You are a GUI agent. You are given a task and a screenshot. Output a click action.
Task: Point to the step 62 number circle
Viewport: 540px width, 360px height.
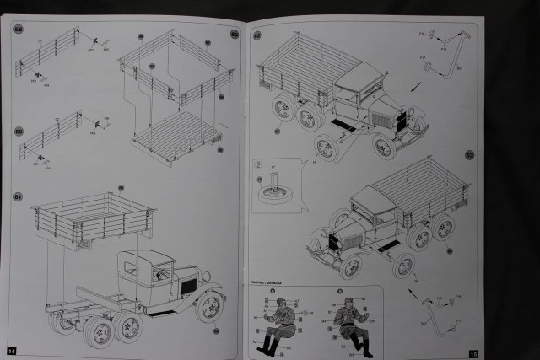pos(257,35)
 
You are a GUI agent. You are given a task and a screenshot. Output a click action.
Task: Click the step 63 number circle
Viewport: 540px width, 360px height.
pos(470,155)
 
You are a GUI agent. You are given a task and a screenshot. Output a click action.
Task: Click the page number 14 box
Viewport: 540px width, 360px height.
pos(12,350)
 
